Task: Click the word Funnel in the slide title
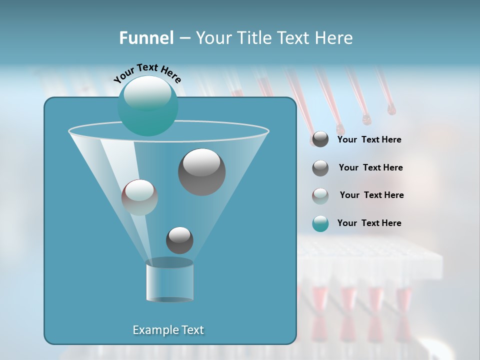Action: click(146, 38)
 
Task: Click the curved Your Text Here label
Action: click(147, 72)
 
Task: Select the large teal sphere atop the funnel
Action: click(148, 106)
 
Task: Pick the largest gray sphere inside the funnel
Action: click(202, 172)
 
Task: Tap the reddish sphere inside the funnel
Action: click(139, 197)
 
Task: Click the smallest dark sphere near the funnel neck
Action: click(179, 240)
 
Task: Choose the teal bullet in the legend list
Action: click(320, 224)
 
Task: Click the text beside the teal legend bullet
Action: click(369, 223)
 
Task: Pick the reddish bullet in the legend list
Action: click(320, 196)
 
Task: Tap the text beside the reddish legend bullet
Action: click(371, 195)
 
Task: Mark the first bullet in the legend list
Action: click(320, 139)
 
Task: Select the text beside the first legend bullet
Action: click(369, 139)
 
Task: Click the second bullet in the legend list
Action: click(320, 168)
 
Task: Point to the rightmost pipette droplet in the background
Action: click(391, 109)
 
